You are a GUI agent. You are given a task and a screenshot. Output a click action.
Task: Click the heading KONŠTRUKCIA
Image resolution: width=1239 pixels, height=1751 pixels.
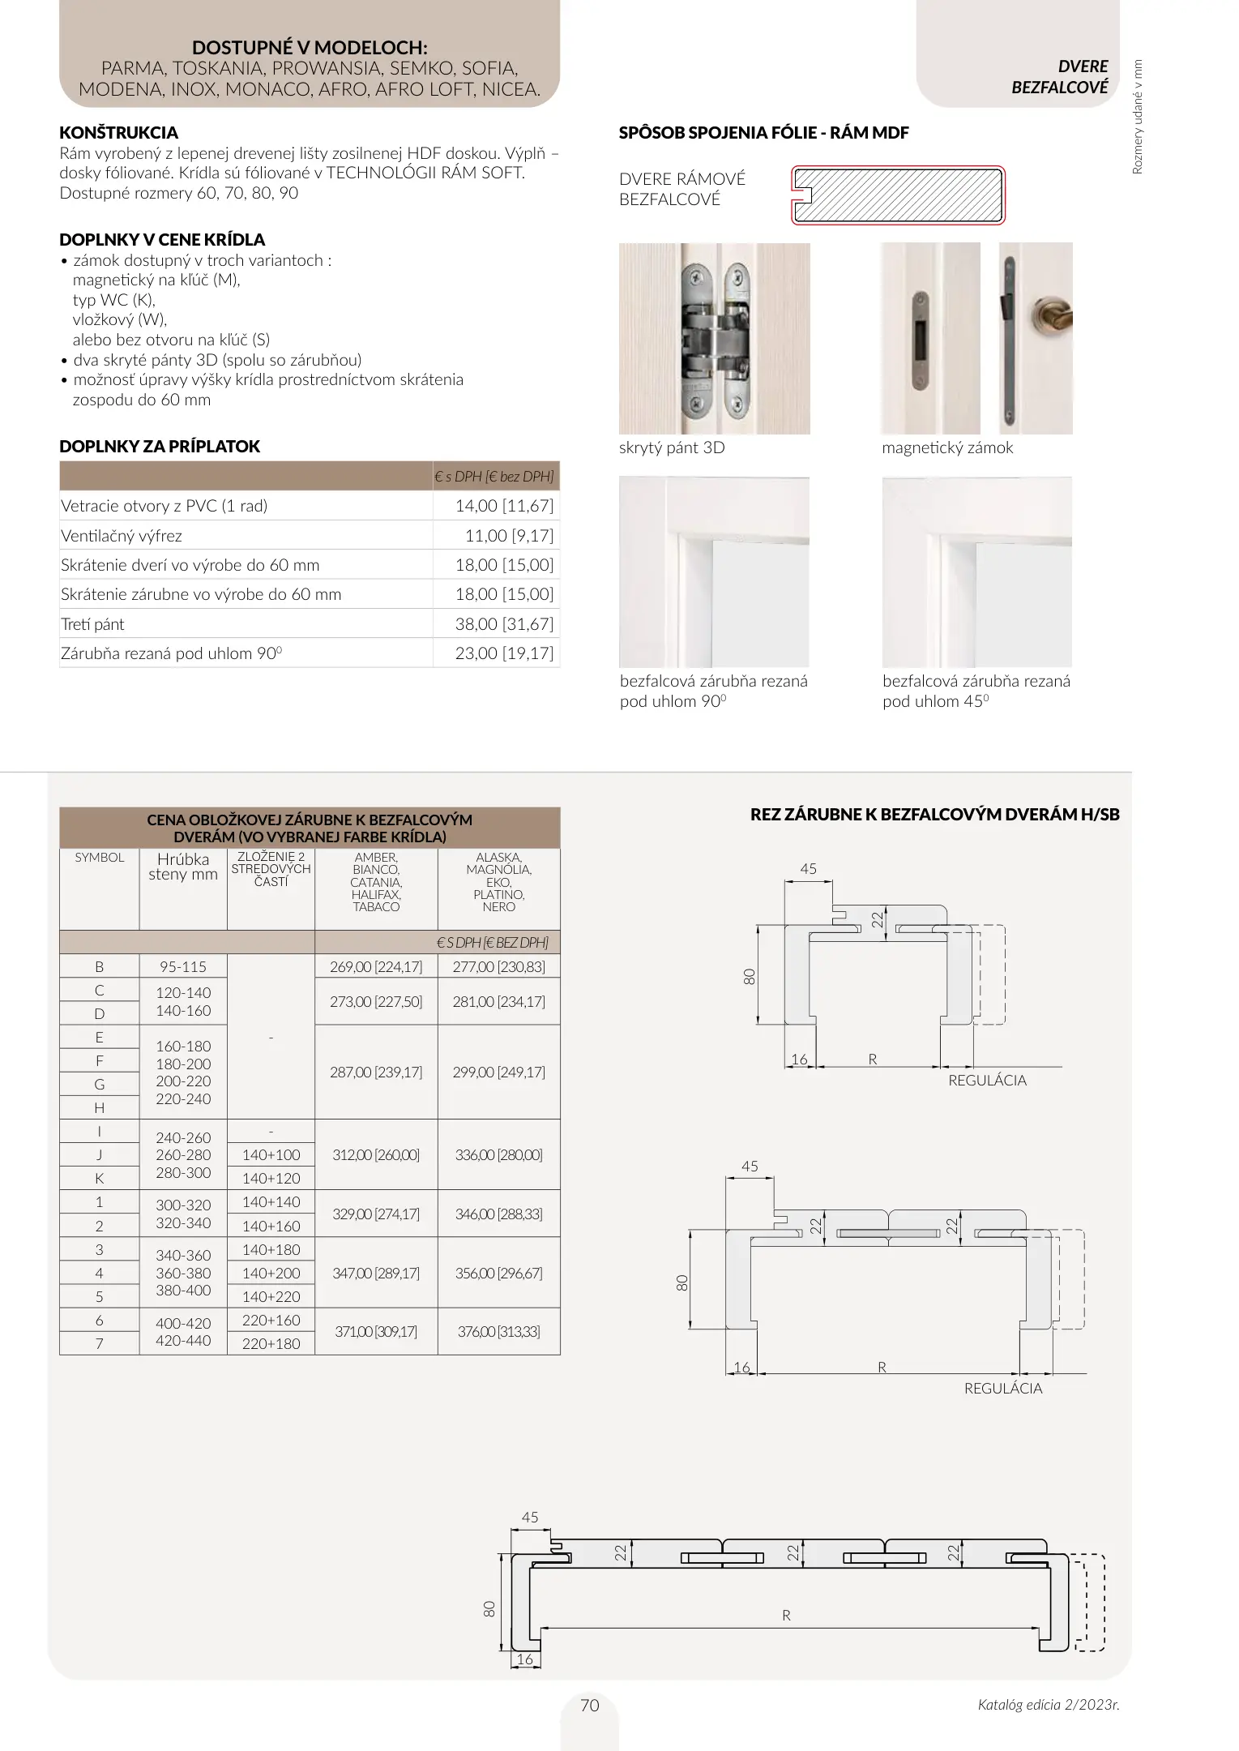tap(118, 133)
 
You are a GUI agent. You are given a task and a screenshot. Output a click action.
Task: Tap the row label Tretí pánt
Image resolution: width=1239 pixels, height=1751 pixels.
tap(92, 624)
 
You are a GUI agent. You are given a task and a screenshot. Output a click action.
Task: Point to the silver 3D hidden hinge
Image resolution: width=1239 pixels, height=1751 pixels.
tap(713, 338)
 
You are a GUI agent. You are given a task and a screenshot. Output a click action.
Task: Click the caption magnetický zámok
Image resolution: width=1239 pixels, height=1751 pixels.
tap(947, 448)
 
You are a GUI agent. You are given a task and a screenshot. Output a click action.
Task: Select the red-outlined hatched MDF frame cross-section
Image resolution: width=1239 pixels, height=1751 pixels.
tap(898, 195)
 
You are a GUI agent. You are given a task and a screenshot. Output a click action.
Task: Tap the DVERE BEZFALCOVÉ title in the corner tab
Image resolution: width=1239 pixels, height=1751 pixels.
tap(1059, 77)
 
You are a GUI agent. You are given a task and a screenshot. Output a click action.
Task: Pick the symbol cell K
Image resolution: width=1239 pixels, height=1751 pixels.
tap(100, 1179)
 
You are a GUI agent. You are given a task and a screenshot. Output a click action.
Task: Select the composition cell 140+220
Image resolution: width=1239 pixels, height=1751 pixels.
tap(271, 1297)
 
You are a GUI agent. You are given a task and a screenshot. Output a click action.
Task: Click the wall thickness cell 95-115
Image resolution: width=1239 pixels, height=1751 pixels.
tap(183, 967)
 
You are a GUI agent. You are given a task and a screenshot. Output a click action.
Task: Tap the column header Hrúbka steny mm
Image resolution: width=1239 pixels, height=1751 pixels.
tap(183, 867)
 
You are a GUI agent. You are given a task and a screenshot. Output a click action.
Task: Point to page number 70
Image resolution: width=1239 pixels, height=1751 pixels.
tap(590, 1706)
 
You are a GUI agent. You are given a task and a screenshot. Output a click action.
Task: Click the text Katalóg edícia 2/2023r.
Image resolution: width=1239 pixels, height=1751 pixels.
tap(1048, 1705)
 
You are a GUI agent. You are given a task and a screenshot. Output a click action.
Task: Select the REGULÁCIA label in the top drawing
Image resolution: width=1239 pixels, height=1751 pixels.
tap(987, 1081)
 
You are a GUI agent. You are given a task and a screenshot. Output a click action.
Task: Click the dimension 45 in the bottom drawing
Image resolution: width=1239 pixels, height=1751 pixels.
tap(530, 1518)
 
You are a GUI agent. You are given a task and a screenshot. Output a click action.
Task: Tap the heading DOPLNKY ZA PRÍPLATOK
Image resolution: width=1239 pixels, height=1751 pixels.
tap(160, 447)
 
